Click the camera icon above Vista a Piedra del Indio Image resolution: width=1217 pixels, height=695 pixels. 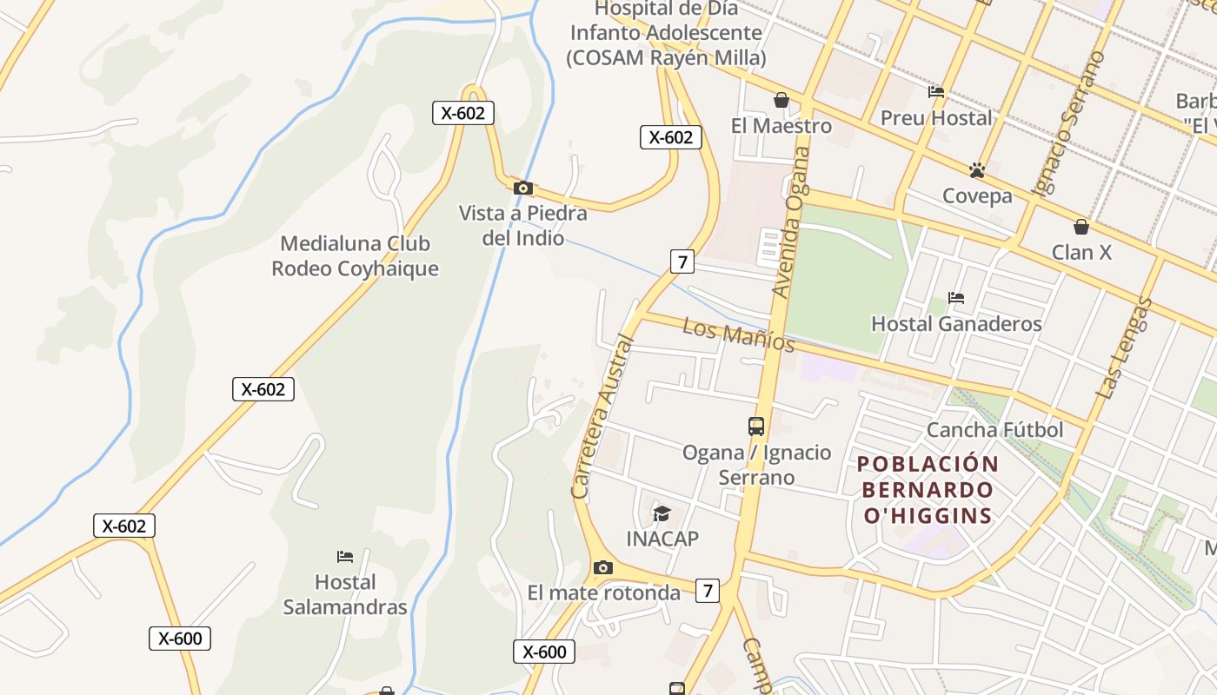click(522, 188)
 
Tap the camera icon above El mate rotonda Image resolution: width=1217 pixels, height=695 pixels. click(602, 568)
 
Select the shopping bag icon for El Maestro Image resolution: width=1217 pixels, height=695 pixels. click(781, 100)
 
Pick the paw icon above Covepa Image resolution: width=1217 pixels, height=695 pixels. click(977, 169)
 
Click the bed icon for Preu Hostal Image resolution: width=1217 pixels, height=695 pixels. click(936, 92)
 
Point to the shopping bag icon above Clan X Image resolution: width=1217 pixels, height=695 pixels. click(1081, 227)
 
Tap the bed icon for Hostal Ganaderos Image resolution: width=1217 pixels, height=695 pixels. click(956, 298)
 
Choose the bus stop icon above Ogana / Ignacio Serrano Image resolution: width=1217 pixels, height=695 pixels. click(756, 427)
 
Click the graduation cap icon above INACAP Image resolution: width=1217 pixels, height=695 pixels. click(662, 513)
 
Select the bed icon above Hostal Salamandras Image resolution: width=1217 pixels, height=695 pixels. click(345, 556)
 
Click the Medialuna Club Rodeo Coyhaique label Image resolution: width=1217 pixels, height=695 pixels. click(355, 256)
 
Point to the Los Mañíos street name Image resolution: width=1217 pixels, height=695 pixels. click(738, 334)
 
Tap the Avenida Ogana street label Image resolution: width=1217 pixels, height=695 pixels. click(792, 222)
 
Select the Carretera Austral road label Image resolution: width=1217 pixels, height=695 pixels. click(603, 417)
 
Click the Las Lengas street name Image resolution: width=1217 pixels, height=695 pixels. click(1123, 348)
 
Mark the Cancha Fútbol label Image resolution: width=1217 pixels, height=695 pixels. click(994, 430)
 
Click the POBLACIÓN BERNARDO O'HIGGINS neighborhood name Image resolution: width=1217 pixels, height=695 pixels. click(928, 489)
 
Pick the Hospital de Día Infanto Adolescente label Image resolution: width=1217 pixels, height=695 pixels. click(666, 34)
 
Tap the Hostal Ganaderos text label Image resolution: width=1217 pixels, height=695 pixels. click(956, 324)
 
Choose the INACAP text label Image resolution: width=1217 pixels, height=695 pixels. click(662, 539)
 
